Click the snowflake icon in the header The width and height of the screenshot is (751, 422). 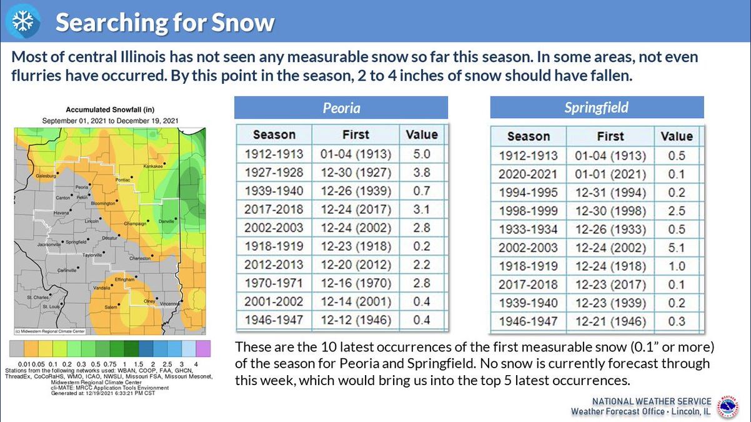[23, 22]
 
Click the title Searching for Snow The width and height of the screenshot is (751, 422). [165, 23]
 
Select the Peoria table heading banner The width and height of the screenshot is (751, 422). [341, 108]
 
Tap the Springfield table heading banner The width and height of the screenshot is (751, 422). [597, 107]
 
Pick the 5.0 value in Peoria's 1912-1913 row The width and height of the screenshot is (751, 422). [417, 154]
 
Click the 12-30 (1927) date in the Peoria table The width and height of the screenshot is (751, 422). [356, 173]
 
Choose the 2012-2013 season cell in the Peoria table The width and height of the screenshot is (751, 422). [274, 264]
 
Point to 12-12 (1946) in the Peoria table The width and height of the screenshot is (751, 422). [356, 320]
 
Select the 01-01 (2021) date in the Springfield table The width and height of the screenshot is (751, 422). [610, 174]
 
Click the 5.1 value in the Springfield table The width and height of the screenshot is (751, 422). [676, 248]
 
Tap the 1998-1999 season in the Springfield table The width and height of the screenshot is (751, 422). [528, 211]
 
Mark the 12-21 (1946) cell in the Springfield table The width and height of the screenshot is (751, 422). [610, 321]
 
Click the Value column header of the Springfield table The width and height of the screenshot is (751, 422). [677, 136]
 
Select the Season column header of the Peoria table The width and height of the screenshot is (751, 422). [274, 134]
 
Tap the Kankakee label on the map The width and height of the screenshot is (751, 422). [153, 166]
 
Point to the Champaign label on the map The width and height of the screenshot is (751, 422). [134, 223]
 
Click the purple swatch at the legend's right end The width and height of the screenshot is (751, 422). [203, 348]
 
